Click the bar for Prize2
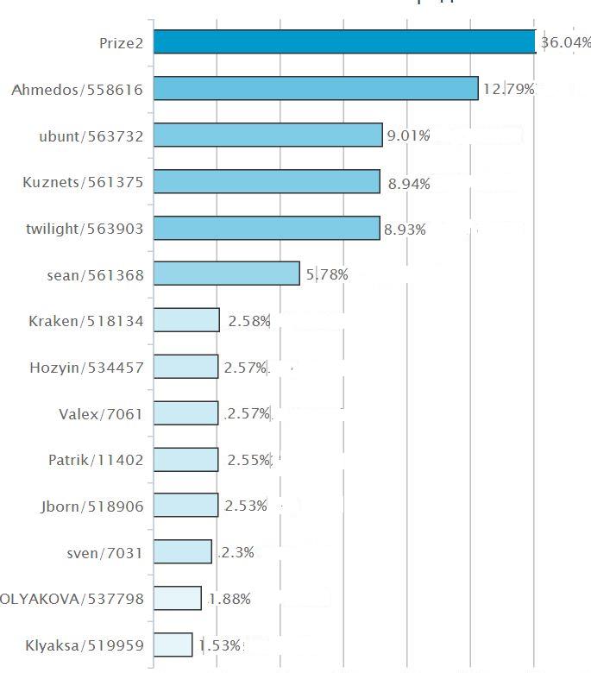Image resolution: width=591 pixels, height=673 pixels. pyautogui.click(x=344, y=42)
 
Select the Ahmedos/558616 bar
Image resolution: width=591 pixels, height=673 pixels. pyautogui.click(x=316, y=88)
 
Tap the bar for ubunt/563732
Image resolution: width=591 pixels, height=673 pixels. pyautogui.click(x=267, y=135)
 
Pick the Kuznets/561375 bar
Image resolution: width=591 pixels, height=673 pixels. pyautogui.click(x=267, y=181)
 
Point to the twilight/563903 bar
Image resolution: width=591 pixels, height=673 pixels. pyautogui.click(x=267, y=228)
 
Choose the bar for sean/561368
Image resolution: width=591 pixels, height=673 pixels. pyautogui.click(x=227, y=274)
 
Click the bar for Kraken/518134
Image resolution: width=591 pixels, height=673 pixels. pyautogui.click(x=186, y=320)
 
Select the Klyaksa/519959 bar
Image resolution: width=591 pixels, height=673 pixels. pyautogui.click(x=173, y=645)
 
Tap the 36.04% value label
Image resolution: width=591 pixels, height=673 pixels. pyautogui.click(x=565, y=43)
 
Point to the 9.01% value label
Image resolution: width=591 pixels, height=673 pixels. pyautogui.click(x=408, y=135)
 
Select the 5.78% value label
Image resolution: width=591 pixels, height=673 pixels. pyautogui.click(x=327, y=275)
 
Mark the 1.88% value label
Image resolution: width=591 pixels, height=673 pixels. pyautogui.click(x=229, y=600)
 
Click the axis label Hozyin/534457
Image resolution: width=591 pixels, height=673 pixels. pyautogui.click(x=86, y=368)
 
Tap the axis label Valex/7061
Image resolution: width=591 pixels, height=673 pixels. pyautogui.click(x=95, y=414)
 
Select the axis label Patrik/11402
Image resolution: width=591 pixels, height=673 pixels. pyautogui.click(x=95, y=460)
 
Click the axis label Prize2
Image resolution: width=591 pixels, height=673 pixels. pyautogui.click(x=121, y=42)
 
